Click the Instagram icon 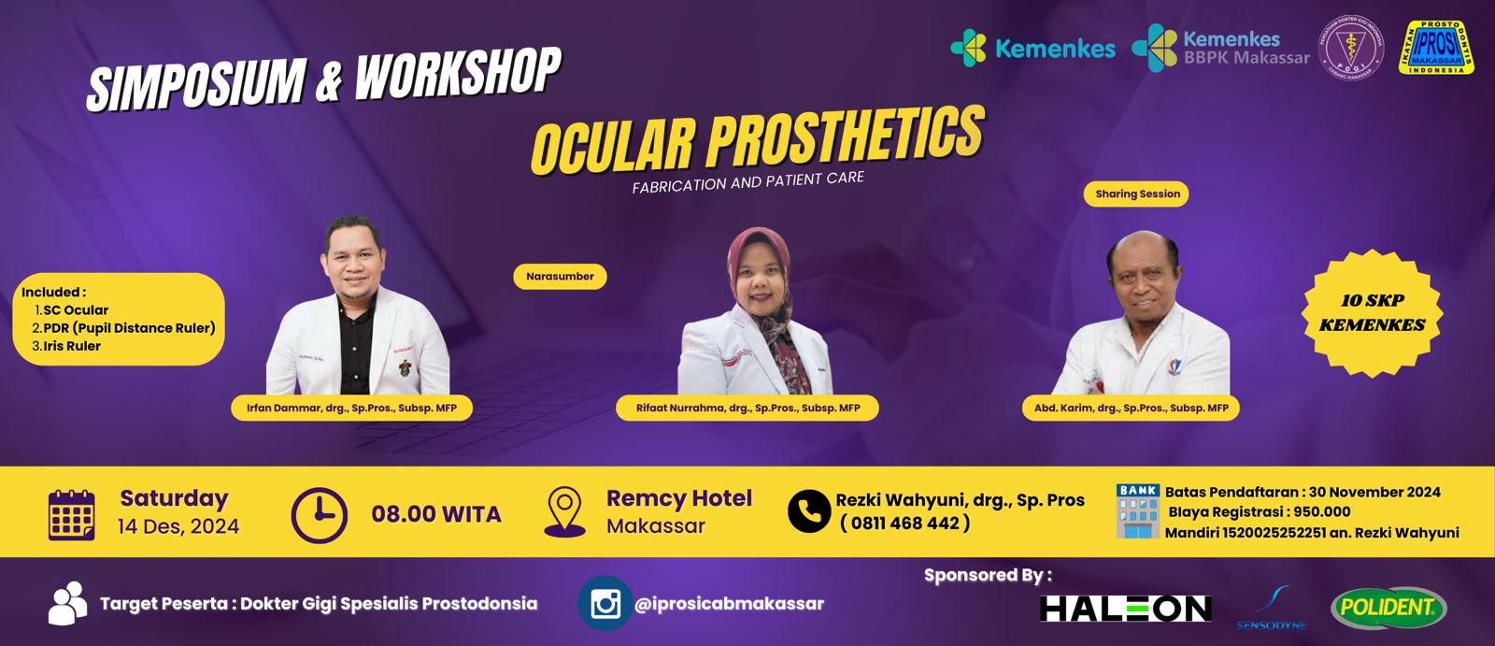click(x=605, y=604)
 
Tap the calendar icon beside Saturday click(x=72, y=514)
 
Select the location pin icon click(x=564, y=511)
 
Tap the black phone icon click(x=808, y=511)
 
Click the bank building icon click(x=1137, y=511)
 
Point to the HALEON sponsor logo click(x=1125, y=609)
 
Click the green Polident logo click(x=1388, y=609)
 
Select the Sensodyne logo click(x=1272, y=609)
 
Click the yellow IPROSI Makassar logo click(x=1436, y=47)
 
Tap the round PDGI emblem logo click(x=1350, y=47)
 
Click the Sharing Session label click(x=1137, y=194)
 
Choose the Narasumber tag click(x=560, y=277)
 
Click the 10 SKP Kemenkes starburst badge click(x=1372, y=312)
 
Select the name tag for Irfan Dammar click(x=351, y=409)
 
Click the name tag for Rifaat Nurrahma click(x=747, y=409)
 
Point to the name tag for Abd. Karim click(x=1131, y=409)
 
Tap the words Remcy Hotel click(x=678, y=498)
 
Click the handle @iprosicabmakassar click(x=729, y=604)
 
